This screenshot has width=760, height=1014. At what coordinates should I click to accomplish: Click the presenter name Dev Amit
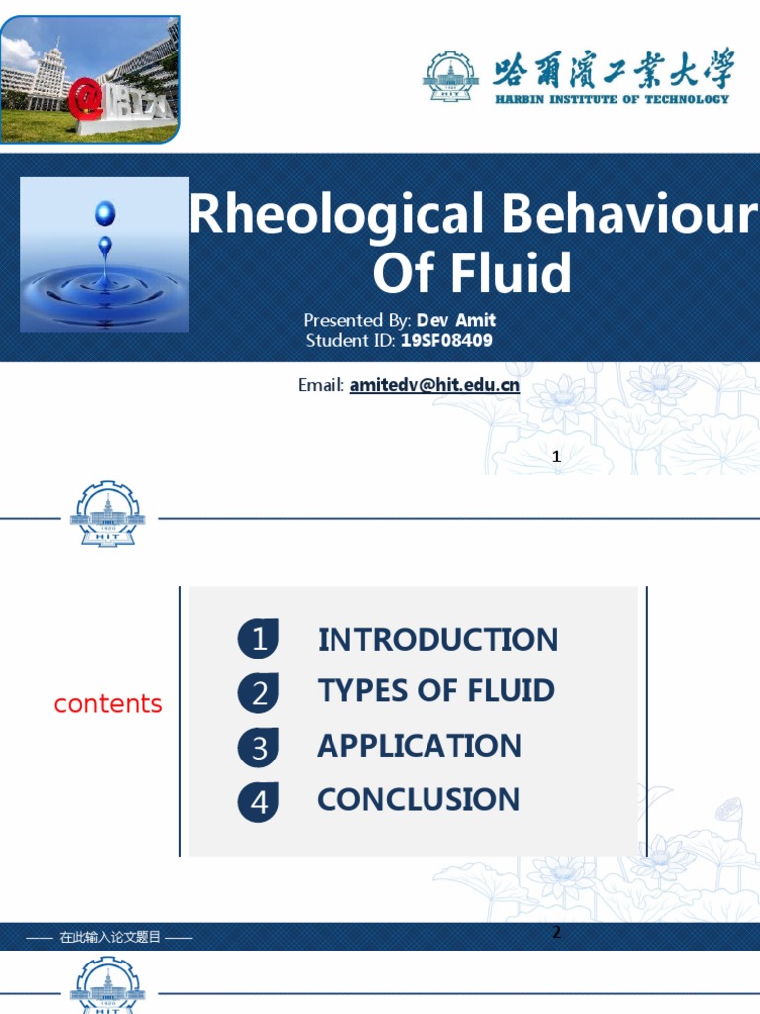tap(456, 320)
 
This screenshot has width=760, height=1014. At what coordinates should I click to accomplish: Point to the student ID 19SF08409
tap(446, 341)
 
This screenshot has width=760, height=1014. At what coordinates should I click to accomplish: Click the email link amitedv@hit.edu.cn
tap(434, 385)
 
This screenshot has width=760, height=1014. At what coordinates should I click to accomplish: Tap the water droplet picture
tap(104, 254)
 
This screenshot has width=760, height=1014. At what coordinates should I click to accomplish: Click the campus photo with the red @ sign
tap(90, 79)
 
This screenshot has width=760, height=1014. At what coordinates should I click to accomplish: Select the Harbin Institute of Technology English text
tap(614, 98)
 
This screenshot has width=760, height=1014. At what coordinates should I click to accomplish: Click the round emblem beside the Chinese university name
tap(450, 76)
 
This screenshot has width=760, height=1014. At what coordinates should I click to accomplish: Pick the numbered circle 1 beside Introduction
tap(258, 639)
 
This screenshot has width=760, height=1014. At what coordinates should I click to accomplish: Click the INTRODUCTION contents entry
tap(437, 640)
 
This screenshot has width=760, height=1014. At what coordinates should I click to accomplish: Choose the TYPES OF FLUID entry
tap(435, 691)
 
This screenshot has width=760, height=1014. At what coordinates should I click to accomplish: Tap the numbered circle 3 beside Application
tap(258, 748)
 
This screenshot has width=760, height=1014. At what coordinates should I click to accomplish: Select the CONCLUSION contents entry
tap(418, 799)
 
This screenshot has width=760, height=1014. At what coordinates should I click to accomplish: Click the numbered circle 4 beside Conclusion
tap(258, 801)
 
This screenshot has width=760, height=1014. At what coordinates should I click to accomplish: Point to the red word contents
tap(108, 704)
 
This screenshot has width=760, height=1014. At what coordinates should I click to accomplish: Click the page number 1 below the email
tap(556, 456)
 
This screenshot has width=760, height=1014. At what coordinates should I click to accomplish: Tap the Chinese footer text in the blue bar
tap(109, 937)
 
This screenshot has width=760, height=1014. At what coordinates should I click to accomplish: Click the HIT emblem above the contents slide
tap(108, 514)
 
